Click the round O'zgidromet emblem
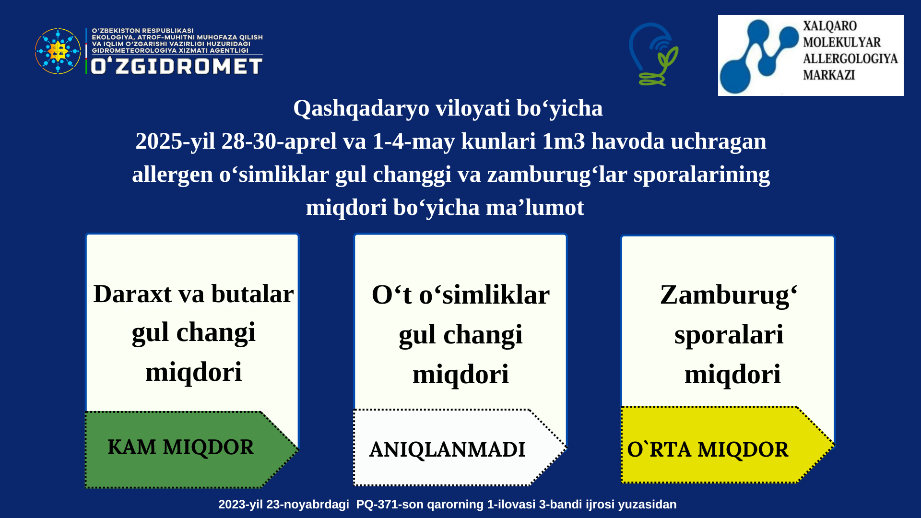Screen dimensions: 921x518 click(x=58, y=51)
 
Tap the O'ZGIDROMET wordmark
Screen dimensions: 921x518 click(x=177, y=66)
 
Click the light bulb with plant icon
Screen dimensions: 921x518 click(x=654, y=54)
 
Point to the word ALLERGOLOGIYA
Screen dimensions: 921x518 click(x=850, y=59)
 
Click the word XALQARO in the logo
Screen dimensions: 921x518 click(x=830, y=26)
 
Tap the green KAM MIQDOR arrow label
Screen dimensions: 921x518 click(x=192, y=449)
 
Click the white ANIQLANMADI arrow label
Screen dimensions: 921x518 click(x=460, y=447)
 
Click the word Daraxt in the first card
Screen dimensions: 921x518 click(x=132, y=294)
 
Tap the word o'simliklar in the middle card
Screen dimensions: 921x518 click(x=484, y=294)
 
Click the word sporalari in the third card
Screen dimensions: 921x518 click(x=729, y=335)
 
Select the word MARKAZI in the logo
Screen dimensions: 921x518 click(x=829, y=75)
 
